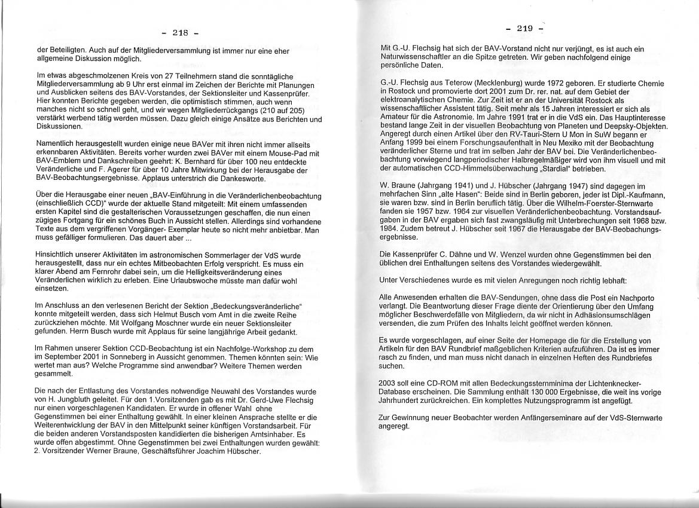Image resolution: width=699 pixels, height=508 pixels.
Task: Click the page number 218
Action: [x=181, y=33]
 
